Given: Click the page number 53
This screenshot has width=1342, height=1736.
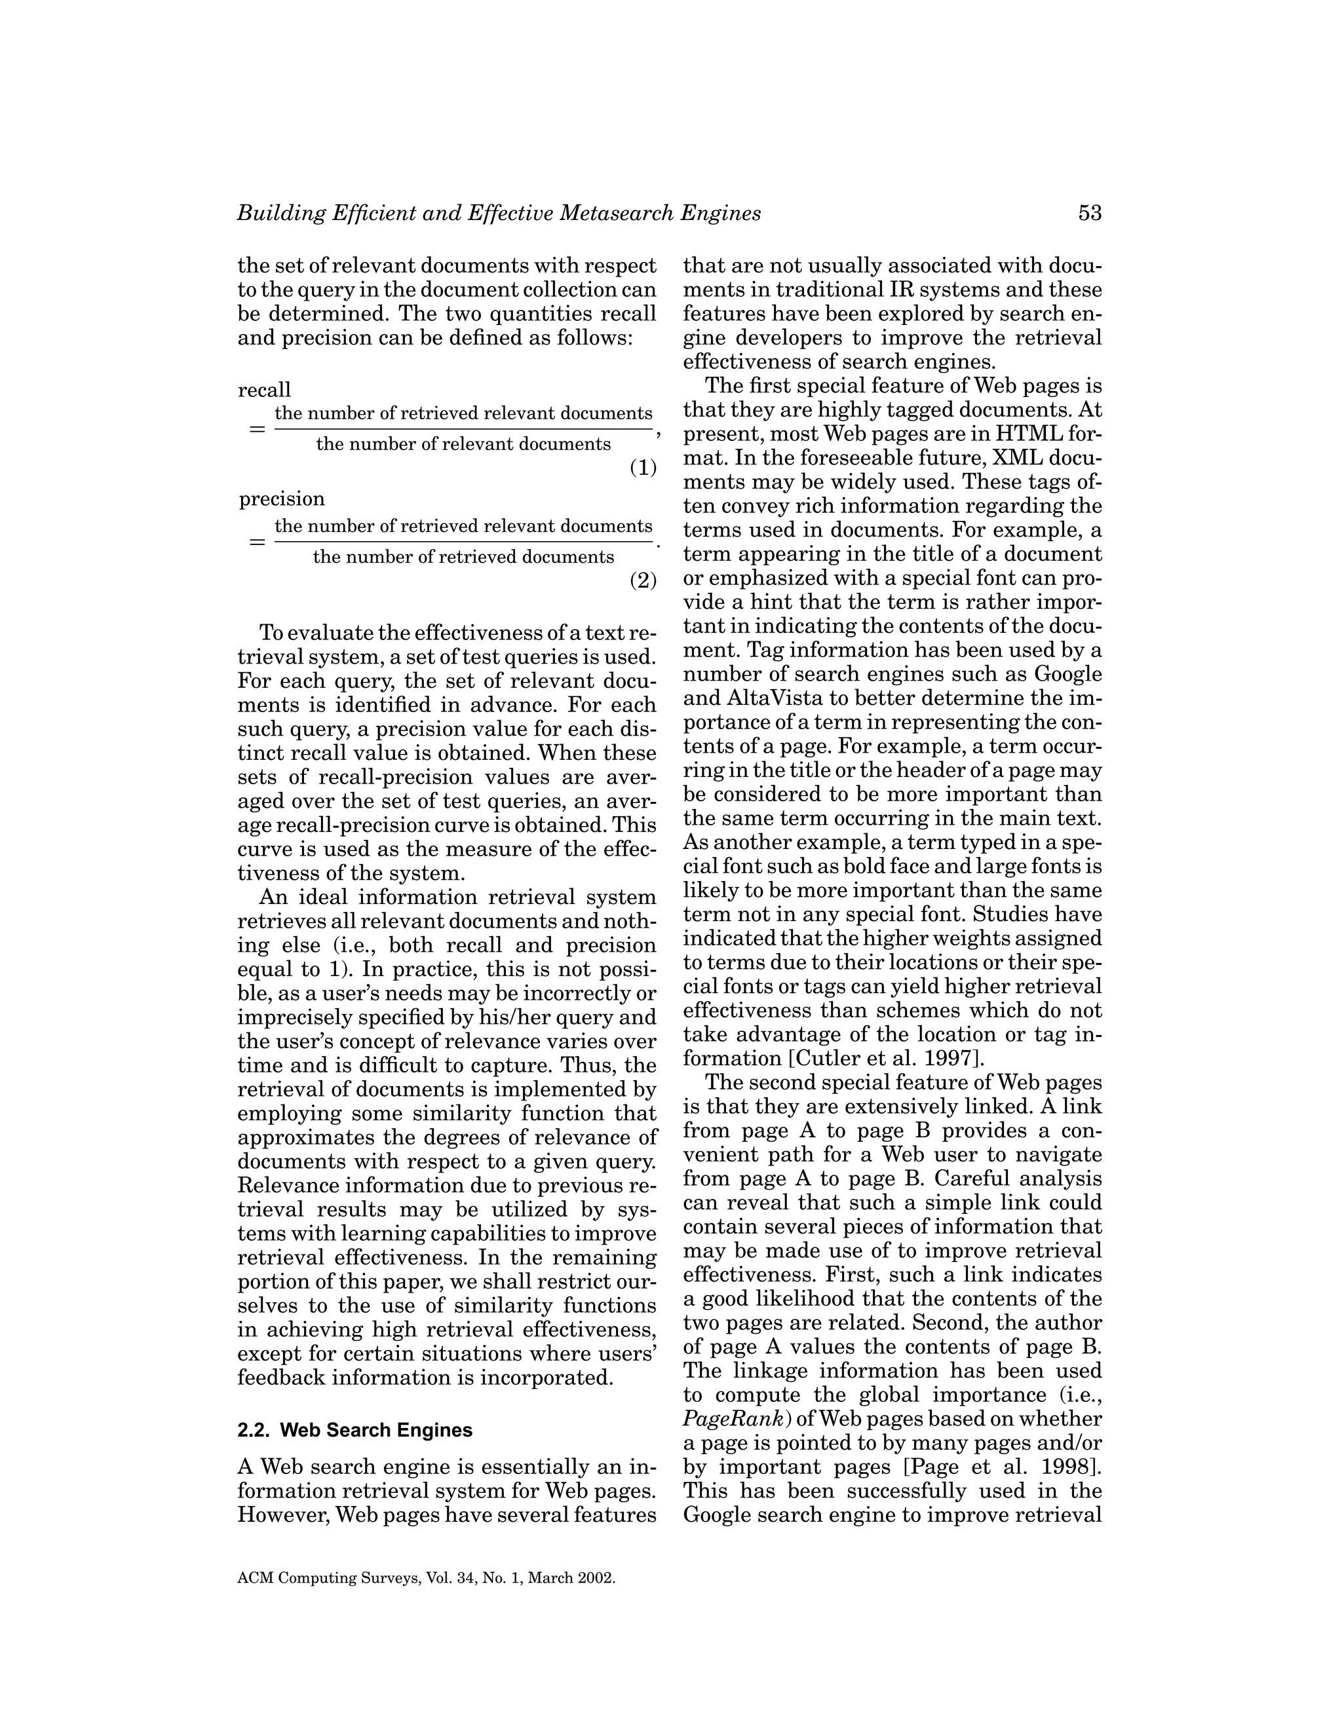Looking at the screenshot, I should tap(1090, 213).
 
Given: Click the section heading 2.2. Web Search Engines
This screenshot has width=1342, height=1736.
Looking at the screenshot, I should tap(355, 1430).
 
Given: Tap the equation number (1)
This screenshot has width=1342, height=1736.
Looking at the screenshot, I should tap(643, 467).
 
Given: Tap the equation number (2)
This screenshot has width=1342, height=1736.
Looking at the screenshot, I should tap(643, 580).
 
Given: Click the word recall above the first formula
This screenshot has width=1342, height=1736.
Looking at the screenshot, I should tap(265, 390).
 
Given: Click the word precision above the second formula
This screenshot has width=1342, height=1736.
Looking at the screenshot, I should tap(282, 499).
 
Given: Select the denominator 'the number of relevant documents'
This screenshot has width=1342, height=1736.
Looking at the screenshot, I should tap(463, 443).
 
